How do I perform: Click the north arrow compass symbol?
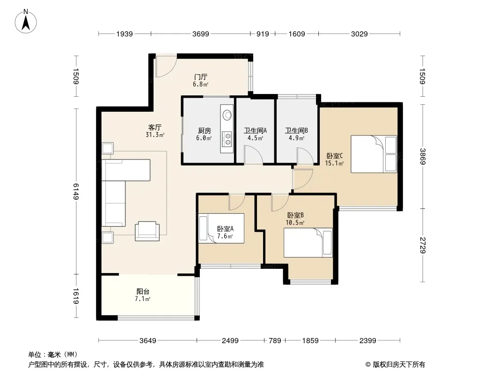click(x=26, y=22)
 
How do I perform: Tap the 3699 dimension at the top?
click(x=200, y=34)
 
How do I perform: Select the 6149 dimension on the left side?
click(x=76, y=191)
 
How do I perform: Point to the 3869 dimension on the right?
click(x=423, y=156)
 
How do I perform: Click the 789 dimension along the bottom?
click(x=275, y=341)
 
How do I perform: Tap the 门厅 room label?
click(x=201, y=77)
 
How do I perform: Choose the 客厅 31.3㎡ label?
click(x=154, y=131)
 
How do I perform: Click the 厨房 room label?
click(x=204, y=130)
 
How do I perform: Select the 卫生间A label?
click(x=255, y=130)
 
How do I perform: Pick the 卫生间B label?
click(x=296, y=130)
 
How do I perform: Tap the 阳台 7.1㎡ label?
click(x=143, y=295)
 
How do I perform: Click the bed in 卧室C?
click(x=374, y=154)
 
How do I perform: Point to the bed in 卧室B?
click(x=308, y=243)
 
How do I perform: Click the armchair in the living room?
click(x=147, y=231)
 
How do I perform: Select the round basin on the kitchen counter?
click(x=227, y=115)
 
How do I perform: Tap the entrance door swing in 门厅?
click(x=166, y=67)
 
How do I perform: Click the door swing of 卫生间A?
click(x=254, y=155)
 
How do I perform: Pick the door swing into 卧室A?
click(x=237, y=202)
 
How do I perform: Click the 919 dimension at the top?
click(x=263, y=34)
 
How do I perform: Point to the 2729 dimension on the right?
click(x=423, y=245)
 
